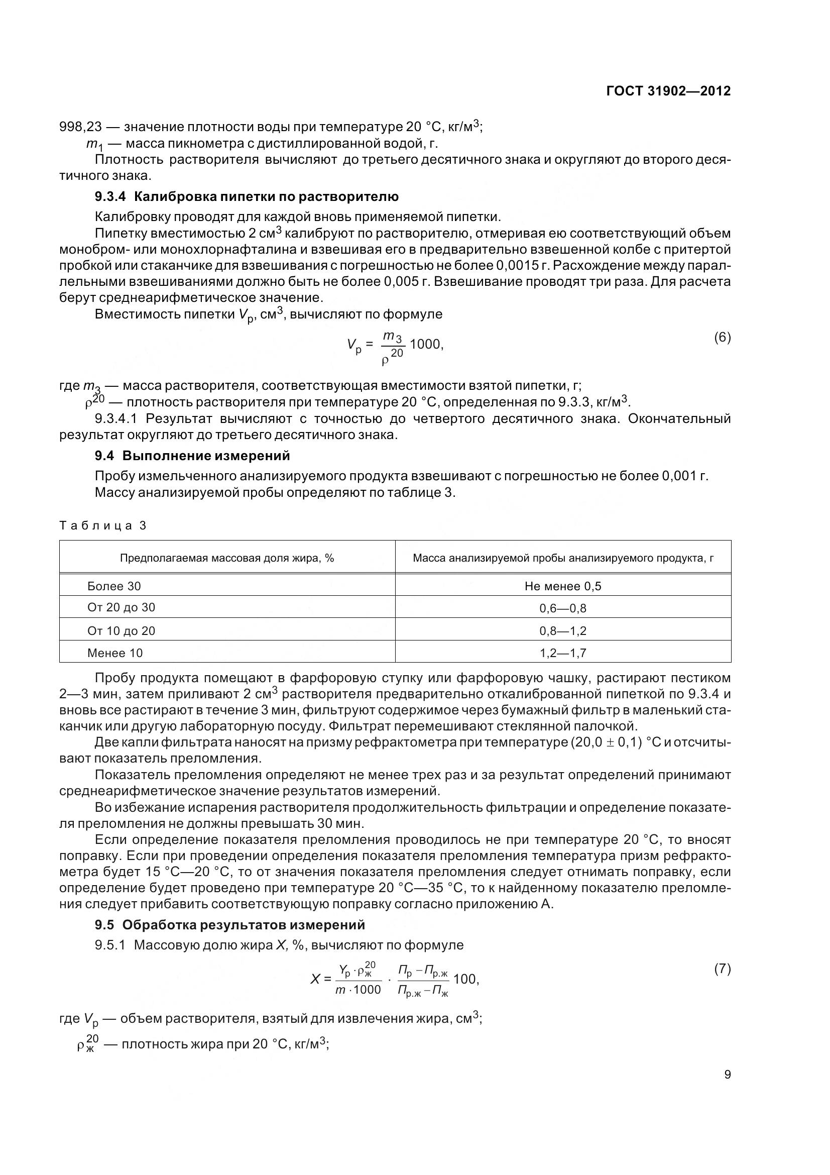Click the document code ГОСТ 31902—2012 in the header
pos(668,91)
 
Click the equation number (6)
pos(722,337)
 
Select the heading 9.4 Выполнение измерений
pos(192,456)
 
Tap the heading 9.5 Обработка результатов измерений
pos(229,925)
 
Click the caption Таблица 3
pos(103,525)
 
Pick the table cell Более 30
pos(113,586)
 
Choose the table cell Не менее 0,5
pos(562,586)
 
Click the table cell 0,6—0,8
pos(562,608)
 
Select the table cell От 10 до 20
pos(121,630)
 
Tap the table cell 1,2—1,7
pos(562,653)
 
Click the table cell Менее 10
pos(114,653)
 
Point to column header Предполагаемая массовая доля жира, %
pos(226,558)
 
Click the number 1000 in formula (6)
pos(425,344)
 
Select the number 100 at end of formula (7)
pos(464,979)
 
